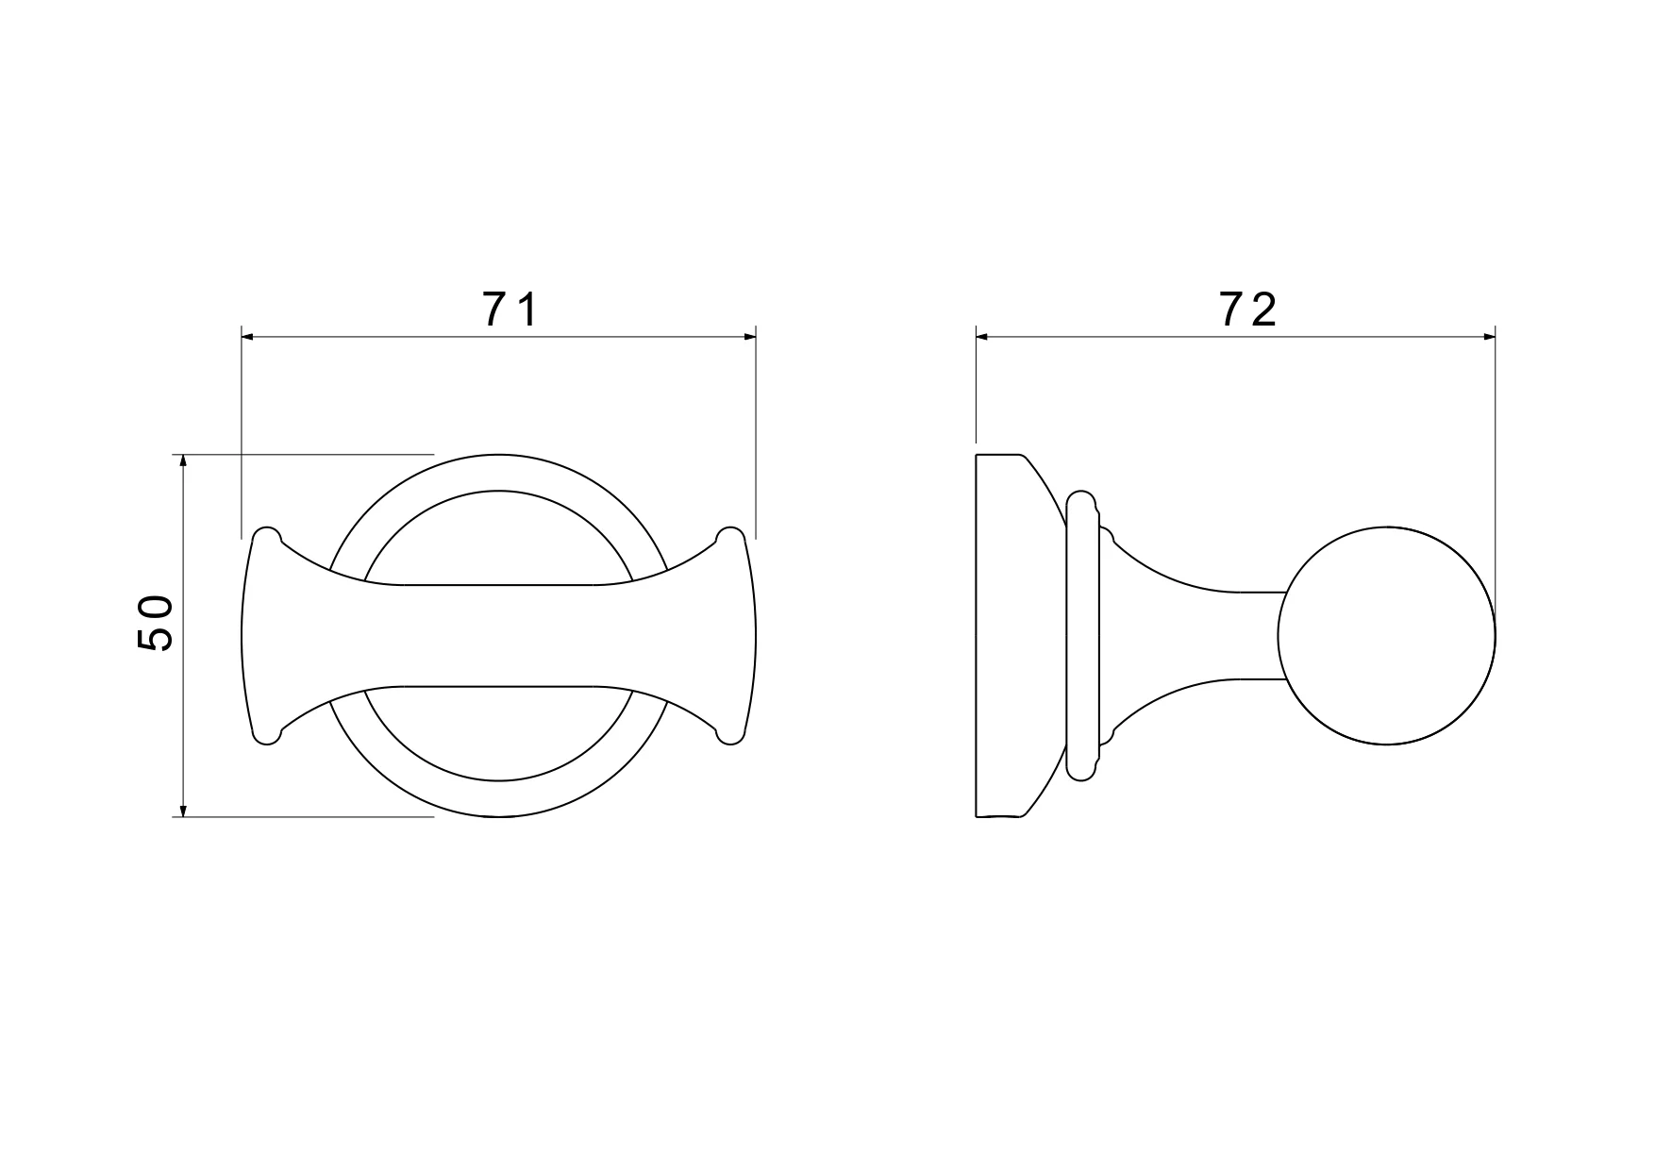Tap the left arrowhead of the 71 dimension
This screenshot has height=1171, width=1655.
248,335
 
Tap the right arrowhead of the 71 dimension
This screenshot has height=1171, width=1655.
749,335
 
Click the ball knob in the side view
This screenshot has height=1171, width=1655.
1387,635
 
